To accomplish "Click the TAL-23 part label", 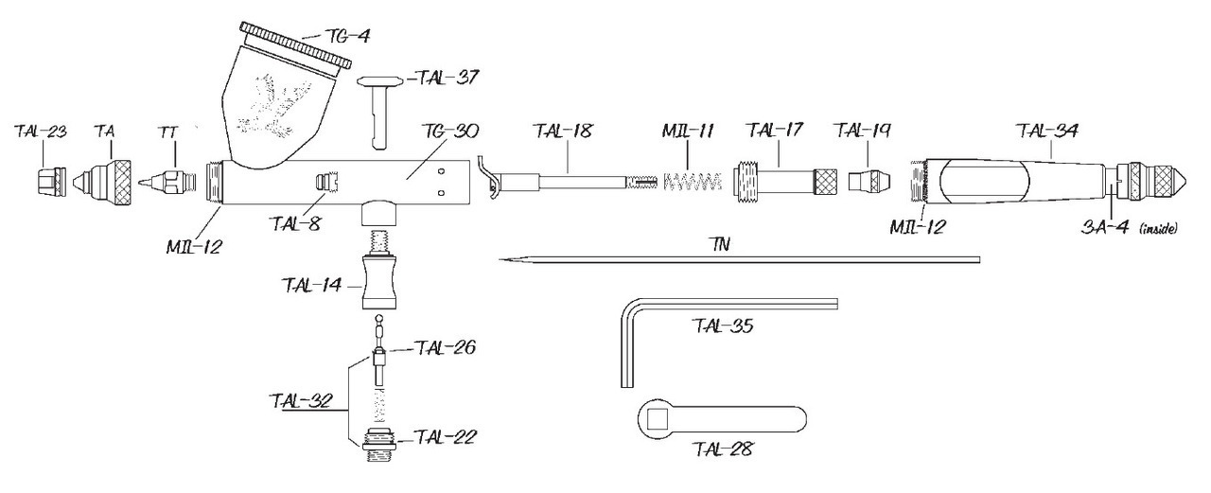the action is click(41, 132).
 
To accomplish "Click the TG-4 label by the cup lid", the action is click(348, 36).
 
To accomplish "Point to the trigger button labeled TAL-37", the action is click(381, 112).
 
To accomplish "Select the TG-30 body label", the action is click(449, 132).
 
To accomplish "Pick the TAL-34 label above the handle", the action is click(1047, 132).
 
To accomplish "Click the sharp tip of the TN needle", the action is click(500, 260).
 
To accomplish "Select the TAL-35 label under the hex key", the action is click(722, 326).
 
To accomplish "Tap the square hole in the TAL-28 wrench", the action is click(658, 419).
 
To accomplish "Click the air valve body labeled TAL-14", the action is click(379, 283).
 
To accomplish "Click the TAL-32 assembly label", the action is click(300, 401).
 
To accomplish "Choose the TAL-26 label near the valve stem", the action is click(445, 347).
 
